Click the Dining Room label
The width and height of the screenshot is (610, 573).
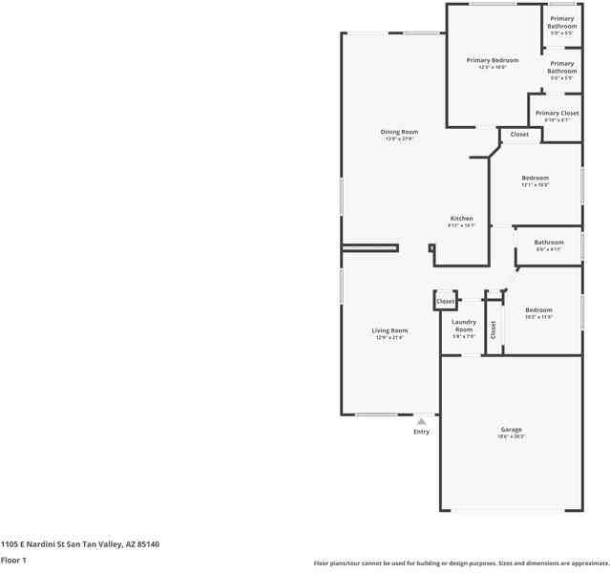[x=400, y=132]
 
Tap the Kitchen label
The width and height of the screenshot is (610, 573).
[x=461, y=219]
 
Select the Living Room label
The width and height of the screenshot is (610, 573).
[x=389, y=330]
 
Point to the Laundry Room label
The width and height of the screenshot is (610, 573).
[x=463, y=326]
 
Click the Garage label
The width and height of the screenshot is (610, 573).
[x=511, y=430]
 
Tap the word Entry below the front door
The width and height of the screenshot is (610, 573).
[x=421, y=432]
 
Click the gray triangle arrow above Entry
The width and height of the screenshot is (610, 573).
[x=421, y=420]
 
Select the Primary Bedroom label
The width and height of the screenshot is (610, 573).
[x=492, y=60]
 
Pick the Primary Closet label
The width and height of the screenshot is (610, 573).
[x=557, y=113]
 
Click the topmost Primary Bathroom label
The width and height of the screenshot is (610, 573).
[x=561, y=22]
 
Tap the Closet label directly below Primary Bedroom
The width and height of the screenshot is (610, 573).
[x=519, y=135]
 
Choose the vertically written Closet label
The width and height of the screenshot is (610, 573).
[x=493, y=329]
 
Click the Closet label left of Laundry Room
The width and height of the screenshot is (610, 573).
[x=446, y=302]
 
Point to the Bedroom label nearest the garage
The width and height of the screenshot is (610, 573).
[x=538, y=309]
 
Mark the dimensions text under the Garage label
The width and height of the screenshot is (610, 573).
[x=511, y=437]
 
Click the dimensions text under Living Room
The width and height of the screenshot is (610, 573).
[x=389, y=338]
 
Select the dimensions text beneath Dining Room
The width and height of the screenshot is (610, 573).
[x=400, y=139]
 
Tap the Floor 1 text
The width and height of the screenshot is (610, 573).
[x=13, y=561]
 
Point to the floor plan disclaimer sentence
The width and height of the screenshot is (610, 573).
[x=461, y=563]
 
